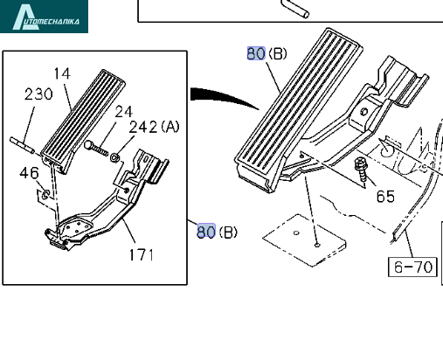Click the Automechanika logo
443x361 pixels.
pyautogui.click(x=44, y=17)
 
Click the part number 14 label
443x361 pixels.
pyautogui.click(x=62, y=73)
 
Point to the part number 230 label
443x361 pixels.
pyautogui.click(x=38, y=94)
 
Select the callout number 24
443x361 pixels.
pyautogui.click(x=124, y=112)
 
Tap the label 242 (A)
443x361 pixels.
pyautogui.click(x=154, y=127)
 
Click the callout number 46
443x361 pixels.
pyautogui.click(x=29, y=173)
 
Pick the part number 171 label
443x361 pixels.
pyautogui.click(x=141, y=254)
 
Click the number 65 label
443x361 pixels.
pyautogui.click(x=385, y=196)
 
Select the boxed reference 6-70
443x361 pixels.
pyautogui.click(x=412, y=267)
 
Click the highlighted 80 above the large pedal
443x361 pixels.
pyautogui.click(x=256, y=53)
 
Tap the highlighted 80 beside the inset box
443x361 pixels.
pyautogui.click(x=206, y=232)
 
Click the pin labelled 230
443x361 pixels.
pyautogui.click(x=22, y=145)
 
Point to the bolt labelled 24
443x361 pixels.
pyautogui.click(x=96, y=149)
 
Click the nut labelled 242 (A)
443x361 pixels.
pyautogui.click(x=114, y=157)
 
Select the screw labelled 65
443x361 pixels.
pyautogui.click(x=361, y=170)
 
